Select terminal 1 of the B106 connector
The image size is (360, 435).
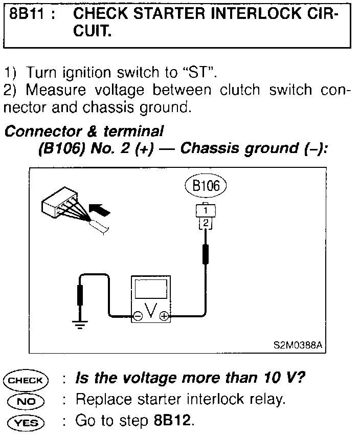(x=205, y=210)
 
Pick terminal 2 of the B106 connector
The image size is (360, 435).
(x=205, y=222)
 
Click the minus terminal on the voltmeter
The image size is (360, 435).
(x=138, y=316)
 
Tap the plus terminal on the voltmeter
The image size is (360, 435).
(x=164, y=316)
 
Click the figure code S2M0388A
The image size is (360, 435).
(x=298, y=344)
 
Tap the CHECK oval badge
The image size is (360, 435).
(x=25, y=380)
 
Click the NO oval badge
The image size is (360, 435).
(x=25, y=400)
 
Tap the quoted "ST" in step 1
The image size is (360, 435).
(x=200, y=72)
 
